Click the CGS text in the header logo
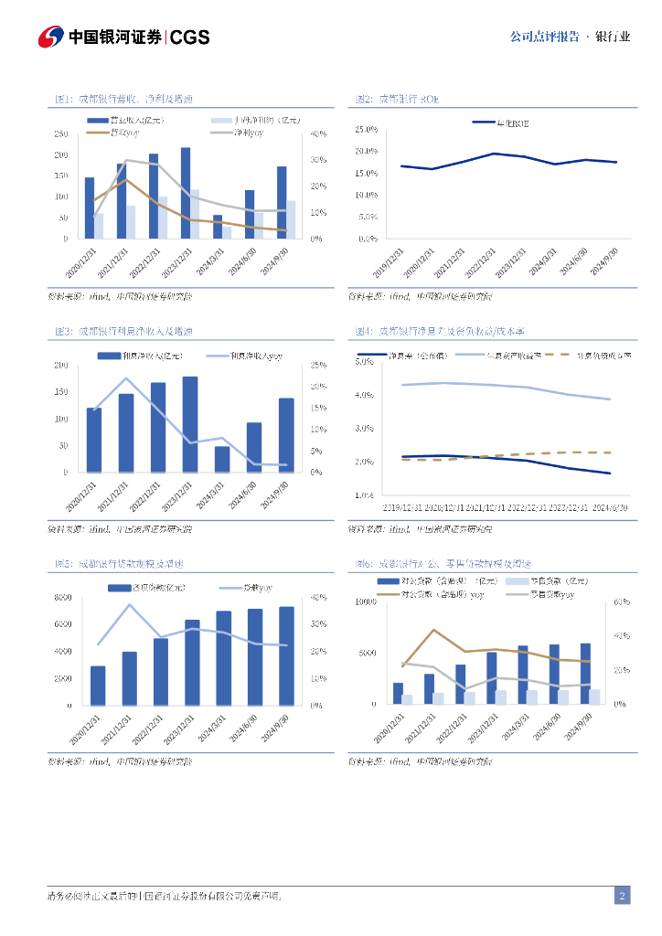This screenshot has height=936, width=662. click(x=190, y=37)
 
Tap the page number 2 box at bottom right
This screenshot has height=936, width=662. click(x=622, y=896)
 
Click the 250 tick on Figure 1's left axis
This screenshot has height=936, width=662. click(x=60, y=133)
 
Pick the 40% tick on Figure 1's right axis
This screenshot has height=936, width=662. click(x=317, y=133)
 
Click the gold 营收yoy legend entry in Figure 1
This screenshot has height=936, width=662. click(x=113, y=133)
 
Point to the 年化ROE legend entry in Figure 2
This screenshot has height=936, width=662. click(x=502, y=122)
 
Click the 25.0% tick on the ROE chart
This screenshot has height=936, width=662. click(x=365, y=129)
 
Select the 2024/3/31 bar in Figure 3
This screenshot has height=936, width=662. click(x=222, y=459)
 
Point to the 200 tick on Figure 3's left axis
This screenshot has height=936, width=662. click(x=60, y=366)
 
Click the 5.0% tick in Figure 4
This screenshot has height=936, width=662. click(x=365, y=362)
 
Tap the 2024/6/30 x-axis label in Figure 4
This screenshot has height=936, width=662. click(x=610, y=506)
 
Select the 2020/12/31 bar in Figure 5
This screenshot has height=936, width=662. click(x=97, y=686)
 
